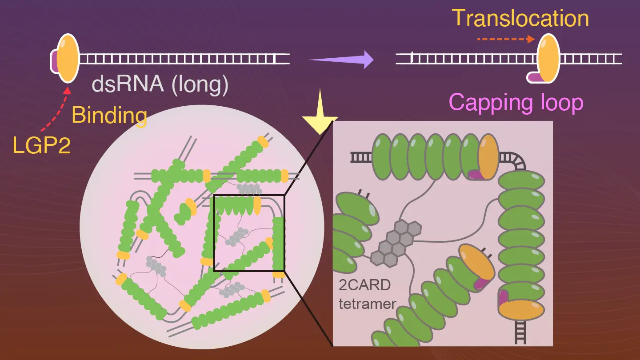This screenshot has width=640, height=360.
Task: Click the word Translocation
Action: click(520, 19)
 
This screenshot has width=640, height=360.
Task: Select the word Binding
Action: click(109, 116)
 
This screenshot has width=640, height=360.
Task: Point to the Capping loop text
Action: click(516, 102)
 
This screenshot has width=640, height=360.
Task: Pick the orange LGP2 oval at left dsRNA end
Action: click(68, 58)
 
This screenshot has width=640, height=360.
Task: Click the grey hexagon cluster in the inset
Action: click(395, 243)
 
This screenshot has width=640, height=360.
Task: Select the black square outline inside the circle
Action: click(249, 232)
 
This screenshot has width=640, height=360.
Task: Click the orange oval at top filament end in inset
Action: click(488, 157)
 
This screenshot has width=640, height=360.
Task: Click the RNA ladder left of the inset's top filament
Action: click(360, 157)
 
